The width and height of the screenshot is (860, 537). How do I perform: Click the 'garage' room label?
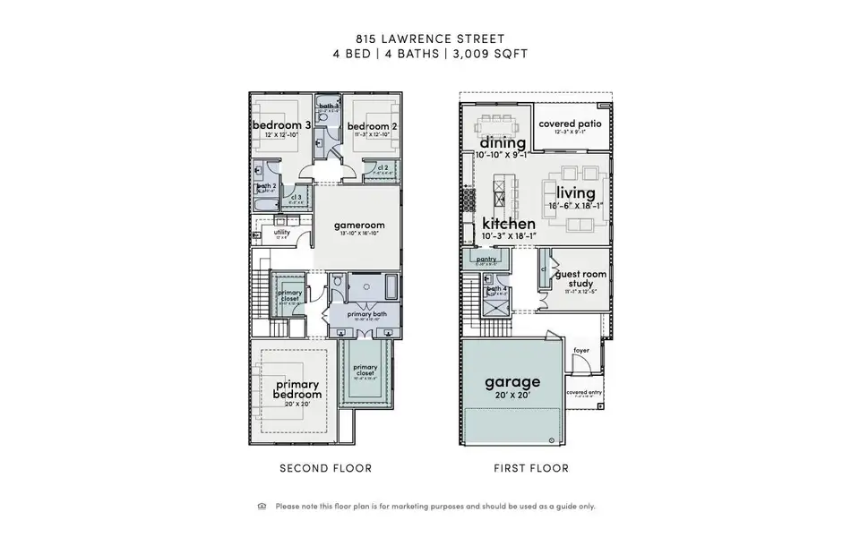coord(512,382)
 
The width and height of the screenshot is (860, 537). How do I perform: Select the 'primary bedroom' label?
coord(297,389)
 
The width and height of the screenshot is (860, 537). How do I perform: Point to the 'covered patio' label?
coord(570,124)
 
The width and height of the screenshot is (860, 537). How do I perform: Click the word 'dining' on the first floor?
coord(503,142)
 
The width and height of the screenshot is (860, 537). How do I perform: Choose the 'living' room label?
coord(575,193)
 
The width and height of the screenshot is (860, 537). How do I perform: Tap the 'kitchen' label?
coord(509,223)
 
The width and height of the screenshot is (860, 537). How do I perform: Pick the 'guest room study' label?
coord(581,279)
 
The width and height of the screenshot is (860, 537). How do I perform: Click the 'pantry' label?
coord(486,260)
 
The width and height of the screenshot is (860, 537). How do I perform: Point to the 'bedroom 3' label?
coord(281,125)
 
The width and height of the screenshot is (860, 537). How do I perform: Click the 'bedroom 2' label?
coord(371,126)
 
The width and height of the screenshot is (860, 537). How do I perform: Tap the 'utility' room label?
coord(281,232)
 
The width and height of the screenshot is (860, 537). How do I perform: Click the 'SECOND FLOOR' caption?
coord(325,468)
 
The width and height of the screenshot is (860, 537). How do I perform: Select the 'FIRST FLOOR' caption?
coord(531,468)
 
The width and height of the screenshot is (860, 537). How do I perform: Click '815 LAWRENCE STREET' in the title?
coord(429,38)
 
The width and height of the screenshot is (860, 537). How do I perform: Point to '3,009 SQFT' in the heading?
coord(493,54)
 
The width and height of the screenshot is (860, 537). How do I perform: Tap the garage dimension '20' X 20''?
coord(512,396)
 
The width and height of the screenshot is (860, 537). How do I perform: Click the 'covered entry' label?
coord(583,391)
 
